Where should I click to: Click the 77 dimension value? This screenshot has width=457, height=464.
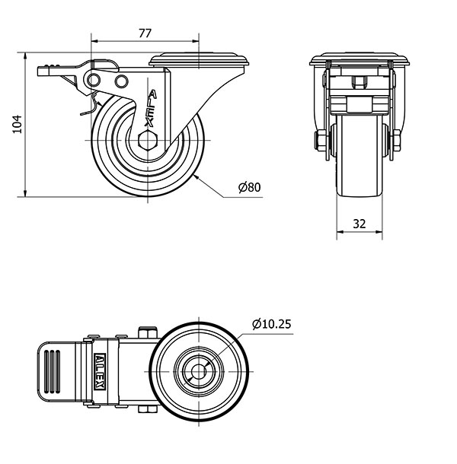coord(145,33)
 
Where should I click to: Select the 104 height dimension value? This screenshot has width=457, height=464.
coord(18,124)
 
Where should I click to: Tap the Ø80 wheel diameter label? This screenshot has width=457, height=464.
coord(250,187)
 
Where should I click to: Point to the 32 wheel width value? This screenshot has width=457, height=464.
coord(360,224)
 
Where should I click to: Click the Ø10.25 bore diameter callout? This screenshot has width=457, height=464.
coord(271,324)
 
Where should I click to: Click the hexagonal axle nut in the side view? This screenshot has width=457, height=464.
coord(148,140)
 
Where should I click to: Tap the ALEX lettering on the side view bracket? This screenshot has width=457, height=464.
coord(151,108)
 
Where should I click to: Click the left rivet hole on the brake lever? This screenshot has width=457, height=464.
coord(94,80)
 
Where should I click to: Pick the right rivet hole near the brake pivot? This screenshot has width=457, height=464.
coord(122,81)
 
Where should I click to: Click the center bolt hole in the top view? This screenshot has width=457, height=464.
coord(199,371)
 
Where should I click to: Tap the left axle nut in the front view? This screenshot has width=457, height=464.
coord(320,141)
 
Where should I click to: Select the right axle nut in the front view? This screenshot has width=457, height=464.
coord(397,141)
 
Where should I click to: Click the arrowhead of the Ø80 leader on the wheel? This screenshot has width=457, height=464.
coord(196,176)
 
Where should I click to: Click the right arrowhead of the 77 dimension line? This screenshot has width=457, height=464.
coord(195,41)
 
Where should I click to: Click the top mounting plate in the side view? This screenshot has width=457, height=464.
coord(199,59)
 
